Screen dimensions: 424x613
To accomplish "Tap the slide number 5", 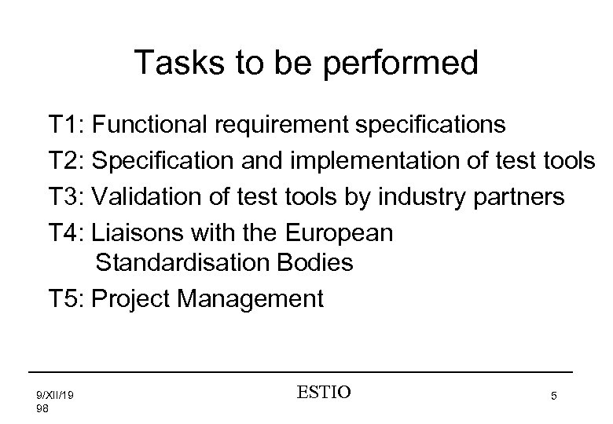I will (x=555, y=397).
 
